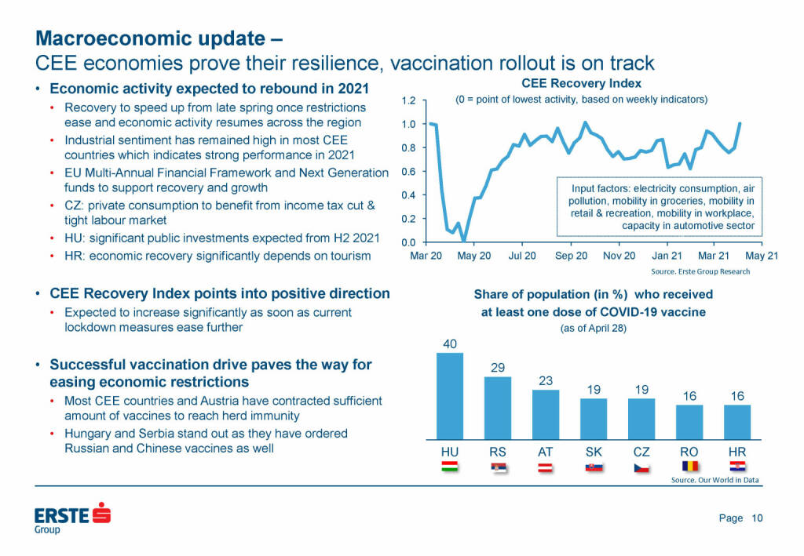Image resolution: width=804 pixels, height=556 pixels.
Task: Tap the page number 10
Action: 758,518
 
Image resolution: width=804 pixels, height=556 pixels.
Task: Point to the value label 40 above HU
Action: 450,343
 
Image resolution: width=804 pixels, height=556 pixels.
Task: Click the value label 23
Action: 546,380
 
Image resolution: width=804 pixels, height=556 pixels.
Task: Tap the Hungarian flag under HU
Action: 450,468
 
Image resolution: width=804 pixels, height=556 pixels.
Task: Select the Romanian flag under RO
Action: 689,468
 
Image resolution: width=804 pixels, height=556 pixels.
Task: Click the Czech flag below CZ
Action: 641,468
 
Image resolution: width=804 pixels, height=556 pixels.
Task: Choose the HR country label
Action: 736,452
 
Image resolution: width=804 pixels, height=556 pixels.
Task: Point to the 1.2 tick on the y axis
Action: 408,101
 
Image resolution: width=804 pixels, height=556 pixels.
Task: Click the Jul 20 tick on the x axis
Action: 522,256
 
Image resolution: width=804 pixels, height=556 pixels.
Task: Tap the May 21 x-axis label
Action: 762,256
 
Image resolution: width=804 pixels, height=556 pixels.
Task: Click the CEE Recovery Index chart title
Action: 582,83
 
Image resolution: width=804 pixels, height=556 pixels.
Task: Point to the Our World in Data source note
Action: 714,481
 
